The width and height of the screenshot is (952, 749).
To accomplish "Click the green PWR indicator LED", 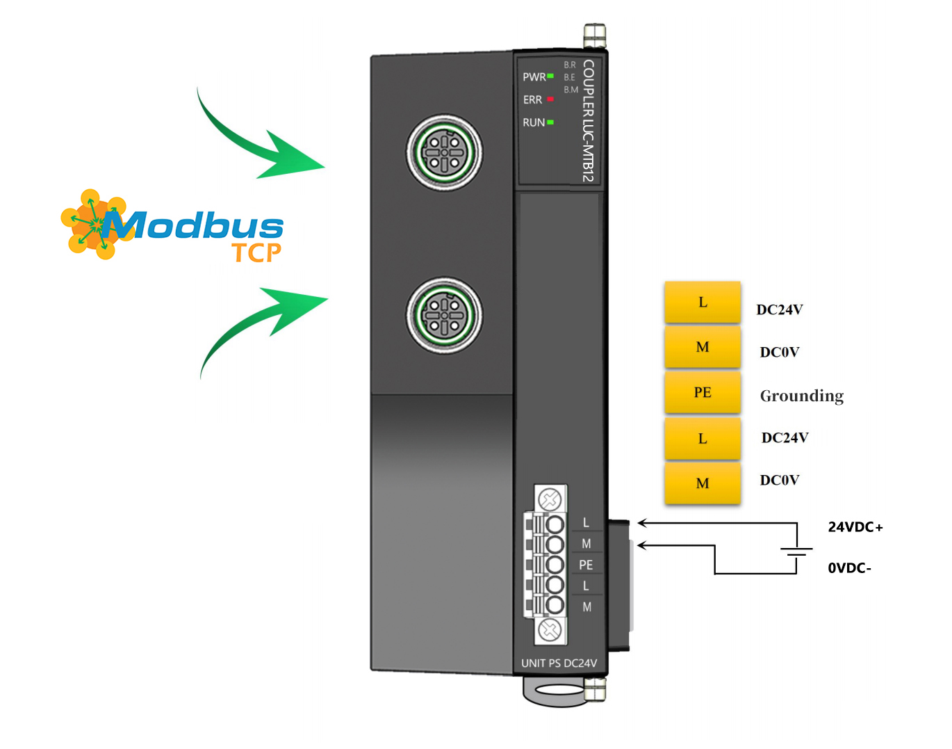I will click(550, 76).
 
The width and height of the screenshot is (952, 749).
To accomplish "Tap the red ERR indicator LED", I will click(550, 99).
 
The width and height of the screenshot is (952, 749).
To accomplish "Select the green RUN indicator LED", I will click(550, 122).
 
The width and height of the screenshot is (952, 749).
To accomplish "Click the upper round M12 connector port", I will click(445, 152).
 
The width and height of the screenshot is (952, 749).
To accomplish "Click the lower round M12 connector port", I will click(445, 316).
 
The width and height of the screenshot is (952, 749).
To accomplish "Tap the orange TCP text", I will click(256, 253).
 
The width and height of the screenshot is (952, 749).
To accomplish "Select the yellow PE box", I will click(703, 392).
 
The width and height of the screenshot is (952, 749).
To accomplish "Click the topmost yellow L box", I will click(703, 303).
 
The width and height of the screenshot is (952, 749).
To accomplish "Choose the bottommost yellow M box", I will click(703, 483).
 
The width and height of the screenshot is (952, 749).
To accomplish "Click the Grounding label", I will click(802, 396).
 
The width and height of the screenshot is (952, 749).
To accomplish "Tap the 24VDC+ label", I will click(855, 527).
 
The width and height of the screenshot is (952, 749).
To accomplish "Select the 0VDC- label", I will click(849, 568).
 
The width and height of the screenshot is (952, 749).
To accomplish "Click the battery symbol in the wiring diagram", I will click(796, 551).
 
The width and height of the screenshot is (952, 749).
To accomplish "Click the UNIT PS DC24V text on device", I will click(559, 663).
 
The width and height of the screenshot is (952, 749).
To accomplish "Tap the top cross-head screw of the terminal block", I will click(550, 499).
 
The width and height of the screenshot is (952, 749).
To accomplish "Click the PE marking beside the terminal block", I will click(586, 565).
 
